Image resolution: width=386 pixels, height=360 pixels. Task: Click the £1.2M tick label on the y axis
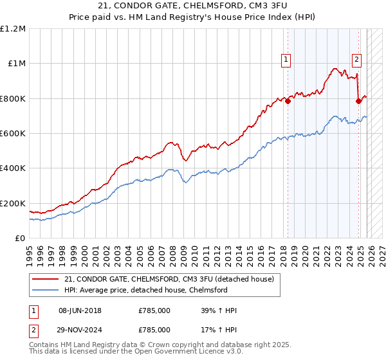(13, 29)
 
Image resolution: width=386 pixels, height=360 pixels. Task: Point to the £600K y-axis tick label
(13, 134)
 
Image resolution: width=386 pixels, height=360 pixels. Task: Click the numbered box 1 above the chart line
(285, 60)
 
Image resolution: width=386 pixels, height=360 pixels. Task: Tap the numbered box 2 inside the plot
(356, 60)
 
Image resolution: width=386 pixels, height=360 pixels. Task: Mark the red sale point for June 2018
(288, 101)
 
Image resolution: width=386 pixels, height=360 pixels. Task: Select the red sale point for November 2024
(358, 101)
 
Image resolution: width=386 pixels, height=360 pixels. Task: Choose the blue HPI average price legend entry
(145, 291)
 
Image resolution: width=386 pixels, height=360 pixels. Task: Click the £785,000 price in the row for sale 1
(154, 311)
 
